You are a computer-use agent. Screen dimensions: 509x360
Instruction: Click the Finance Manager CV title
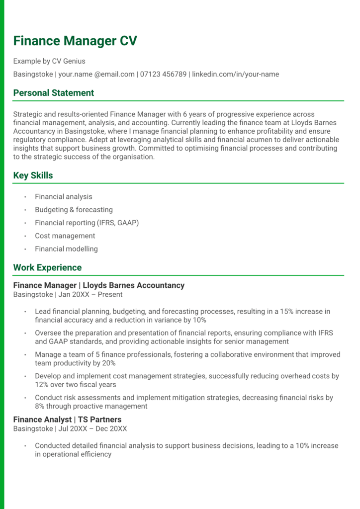(x=75, y=41)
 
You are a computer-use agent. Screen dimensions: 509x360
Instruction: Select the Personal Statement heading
(x=54, y=93)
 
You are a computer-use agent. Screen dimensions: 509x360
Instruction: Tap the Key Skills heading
(x=33, y=175)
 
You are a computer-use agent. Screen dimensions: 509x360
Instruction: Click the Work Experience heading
(x=47, y=267)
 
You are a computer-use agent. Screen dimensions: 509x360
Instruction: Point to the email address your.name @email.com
(x=96, y=74)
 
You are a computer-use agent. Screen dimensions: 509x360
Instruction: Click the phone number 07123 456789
(x=163, y=74)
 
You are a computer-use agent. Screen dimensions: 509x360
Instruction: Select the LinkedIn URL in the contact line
(x=235, y=74)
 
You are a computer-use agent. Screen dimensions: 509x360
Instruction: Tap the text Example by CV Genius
(x=49, y=61)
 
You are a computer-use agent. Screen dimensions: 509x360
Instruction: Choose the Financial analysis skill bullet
(x=63, y=197)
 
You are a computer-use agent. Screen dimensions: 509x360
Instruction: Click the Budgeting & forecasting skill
(x=74, y=210)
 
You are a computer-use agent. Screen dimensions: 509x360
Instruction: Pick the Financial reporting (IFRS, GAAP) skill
(x=87, y=223)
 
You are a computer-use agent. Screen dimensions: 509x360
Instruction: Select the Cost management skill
(x=65, y=236)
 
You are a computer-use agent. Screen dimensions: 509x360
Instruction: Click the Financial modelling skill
(x=66, y=249)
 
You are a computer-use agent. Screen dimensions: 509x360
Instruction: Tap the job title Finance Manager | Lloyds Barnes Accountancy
(x=98, y=285)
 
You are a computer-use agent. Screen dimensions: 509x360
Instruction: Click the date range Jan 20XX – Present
(x=90, y=294)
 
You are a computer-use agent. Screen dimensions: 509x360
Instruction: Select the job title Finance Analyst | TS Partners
(x=67, y=420)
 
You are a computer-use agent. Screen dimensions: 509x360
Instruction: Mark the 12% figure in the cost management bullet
(x=41, y=384)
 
